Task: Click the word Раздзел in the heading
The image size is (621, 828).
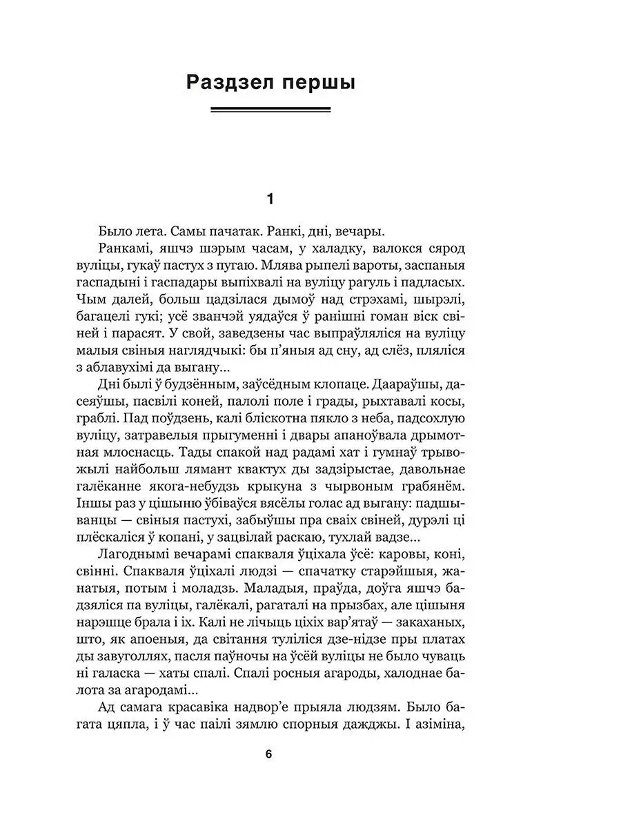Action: [x=228, y=83]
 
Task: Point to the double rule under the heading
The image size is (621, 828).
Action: [x=270, y=109]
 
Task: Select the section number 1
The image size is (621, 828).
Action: [x=270, y=199]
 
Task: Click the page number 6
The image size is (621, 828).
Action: [x=268, y=754]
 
